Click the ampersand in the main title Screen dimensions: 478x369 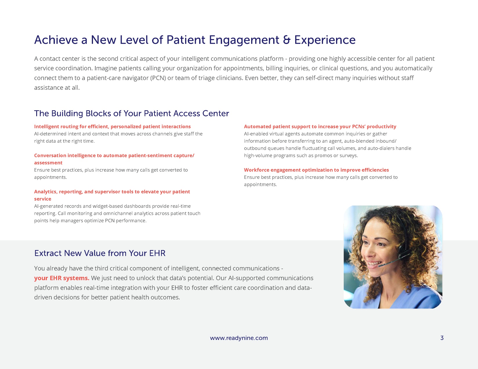tap(287, 40)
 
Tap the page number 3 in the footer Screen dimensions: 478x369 tap(442, 338)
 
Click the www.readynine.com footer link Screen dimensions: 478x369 tap(239, 338)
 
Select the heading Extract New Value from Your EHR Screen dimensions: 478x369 tap(100, 253)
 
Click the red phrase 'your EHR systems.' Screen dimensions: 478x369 tap(62, 278)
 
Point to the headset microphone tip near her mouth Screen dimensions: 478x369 tap(380, 266)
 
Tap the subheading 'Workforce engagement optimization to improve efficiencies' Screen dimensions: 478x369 tap(316, 170)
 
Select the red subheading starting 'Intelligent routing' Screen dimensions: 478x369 tap(112, 126)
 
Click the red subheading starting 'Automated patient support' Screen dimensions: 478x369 tap(320, 126)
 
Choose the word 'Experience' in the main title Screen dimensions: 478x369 tap(325, 40)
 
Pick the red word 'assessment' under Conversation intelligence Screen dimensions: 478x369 tap(48, 163)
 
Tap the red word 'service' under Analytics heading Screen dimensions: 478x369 tap(43, 199)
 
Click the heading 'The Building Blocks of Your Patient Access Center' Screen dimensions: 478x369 tap(132, 113)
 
